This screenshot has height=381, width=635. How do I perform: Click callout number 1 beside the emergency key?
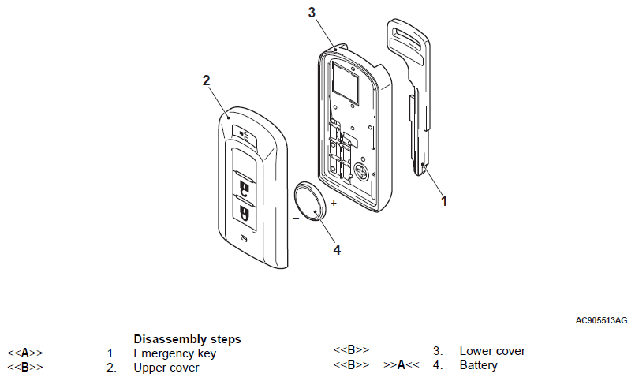pos(443,201)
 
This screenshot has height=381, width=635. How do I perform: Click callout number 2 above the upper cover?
pos(206,80)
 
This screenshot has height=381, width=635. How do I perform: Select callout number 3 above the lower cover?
pos(312,13)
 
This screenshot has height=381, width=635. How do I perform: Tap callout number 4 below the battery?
pos(337,250)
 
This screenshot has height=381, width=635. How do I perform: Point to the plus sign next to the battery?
pos(333,204)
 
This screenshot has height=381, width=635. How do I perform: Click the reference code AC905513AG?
pos(601,320)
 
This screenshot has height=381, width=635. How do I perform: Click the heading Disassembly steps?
pos(187,339)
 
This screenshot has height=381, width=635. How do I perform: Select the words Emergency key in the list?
pos(174,353)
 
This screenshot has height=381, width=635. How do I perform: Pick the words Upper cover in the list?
pos(166,368)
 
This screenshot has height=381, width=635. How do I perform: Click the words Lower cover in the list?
pos(492,351)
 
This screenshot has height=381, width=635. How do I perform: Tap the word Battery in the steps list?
pos(479,365)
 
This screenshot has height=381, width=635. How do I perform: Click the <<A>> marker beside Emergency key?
pos(25,353)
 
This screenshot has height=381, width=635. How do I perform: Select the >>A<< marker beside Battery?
pos(402,365)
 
